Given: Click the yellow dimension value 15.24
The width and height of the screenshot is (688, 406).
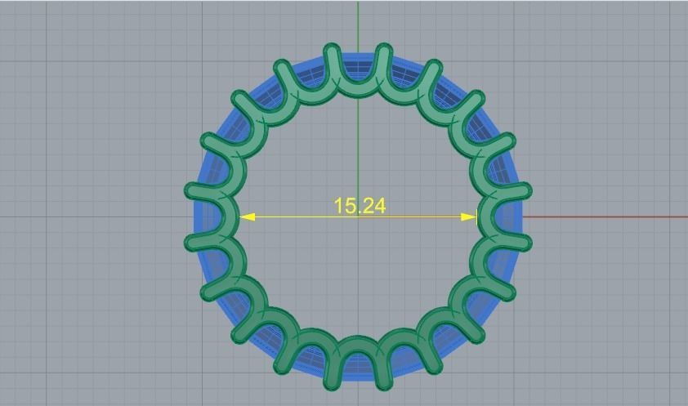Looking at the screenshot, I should [x=360, y=206].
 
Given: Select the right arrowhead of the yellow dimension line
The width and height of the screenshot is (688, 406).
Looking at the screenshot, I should [x=469, y=217].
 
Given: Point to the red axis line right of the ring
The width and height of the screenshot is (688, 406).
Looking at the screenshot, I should [x=605, y=217].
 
